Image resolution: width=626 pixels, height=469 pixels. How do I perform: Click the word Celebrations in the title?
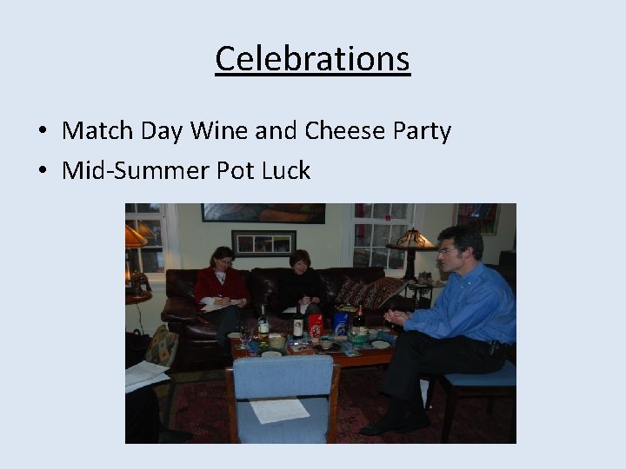click(312, 59)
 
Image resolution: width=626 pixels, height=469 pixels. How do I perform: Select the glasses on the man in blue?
click(447, 250)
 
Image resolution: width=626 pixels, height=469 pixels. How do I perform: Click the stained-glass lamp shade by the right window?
click(411, 239)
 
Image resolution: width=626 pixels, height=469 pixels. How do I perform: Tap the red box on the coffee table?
click(316, 325)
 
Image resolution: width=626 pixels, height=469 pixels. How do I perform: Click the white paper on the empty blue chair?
click(279, 410)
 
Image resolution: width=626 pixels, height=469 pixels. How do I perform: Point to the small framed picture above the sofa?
click(263, 242)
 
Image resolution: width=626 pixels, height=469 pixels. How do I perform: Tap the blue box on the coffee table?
click(341, 323)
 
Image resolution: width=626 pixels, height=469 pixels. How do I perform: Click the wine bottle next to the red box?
click(297, 325)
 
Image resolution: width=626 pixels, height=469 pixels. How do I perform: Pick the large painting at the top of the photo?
click(263, 214)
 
